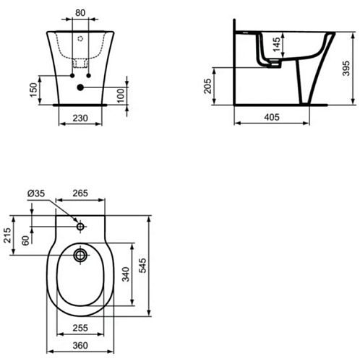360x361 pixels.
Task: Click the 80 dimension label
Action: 80,13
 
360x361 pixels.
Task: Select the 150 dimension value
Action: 34,90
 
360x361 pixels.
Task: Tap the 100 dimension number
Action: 121,95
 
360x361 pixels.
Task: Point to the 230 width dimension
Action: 80,118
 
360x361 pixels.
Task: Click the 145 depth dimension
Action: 277,44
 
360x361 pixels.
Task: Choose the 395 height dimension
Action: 346,69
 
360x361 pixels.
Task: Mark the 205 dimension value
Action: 207,86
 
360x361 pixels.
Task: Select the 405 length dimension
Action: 272,117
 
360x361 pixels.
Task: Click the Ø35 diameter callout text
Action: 36,193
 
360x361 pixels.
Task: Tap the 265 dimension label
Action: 80,193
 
